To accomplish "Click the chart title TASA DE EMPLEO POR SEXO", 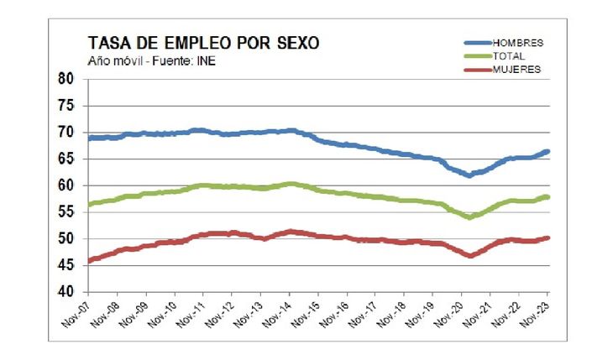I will pyautogui.click(x=203, y=43).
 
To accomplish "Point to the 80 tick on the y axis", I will pyautogui.click(x=66, y=79).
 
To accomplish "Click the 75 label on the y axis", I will pyautogui.click(x=66, y=106).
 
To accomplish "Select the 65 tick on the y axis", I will pyautogui.click(x=66, y=159).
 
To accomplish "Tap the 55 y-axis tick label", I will pyautogui.click(x=66, y=212).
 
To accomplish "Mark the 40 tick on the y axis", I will pyautogui.click(x=66, y=292).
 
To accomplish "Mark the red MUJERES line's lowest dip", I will pyautogui.click(x=469, y=255).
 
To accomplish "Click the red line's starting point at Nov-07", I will pyautogui.click(x=90, y=260).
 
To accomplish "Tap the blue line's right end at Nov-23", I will pyautogui.click(x=548, y=152).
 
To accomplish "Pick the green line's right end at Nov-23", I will pyautogui.click(x=548, y=197).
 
